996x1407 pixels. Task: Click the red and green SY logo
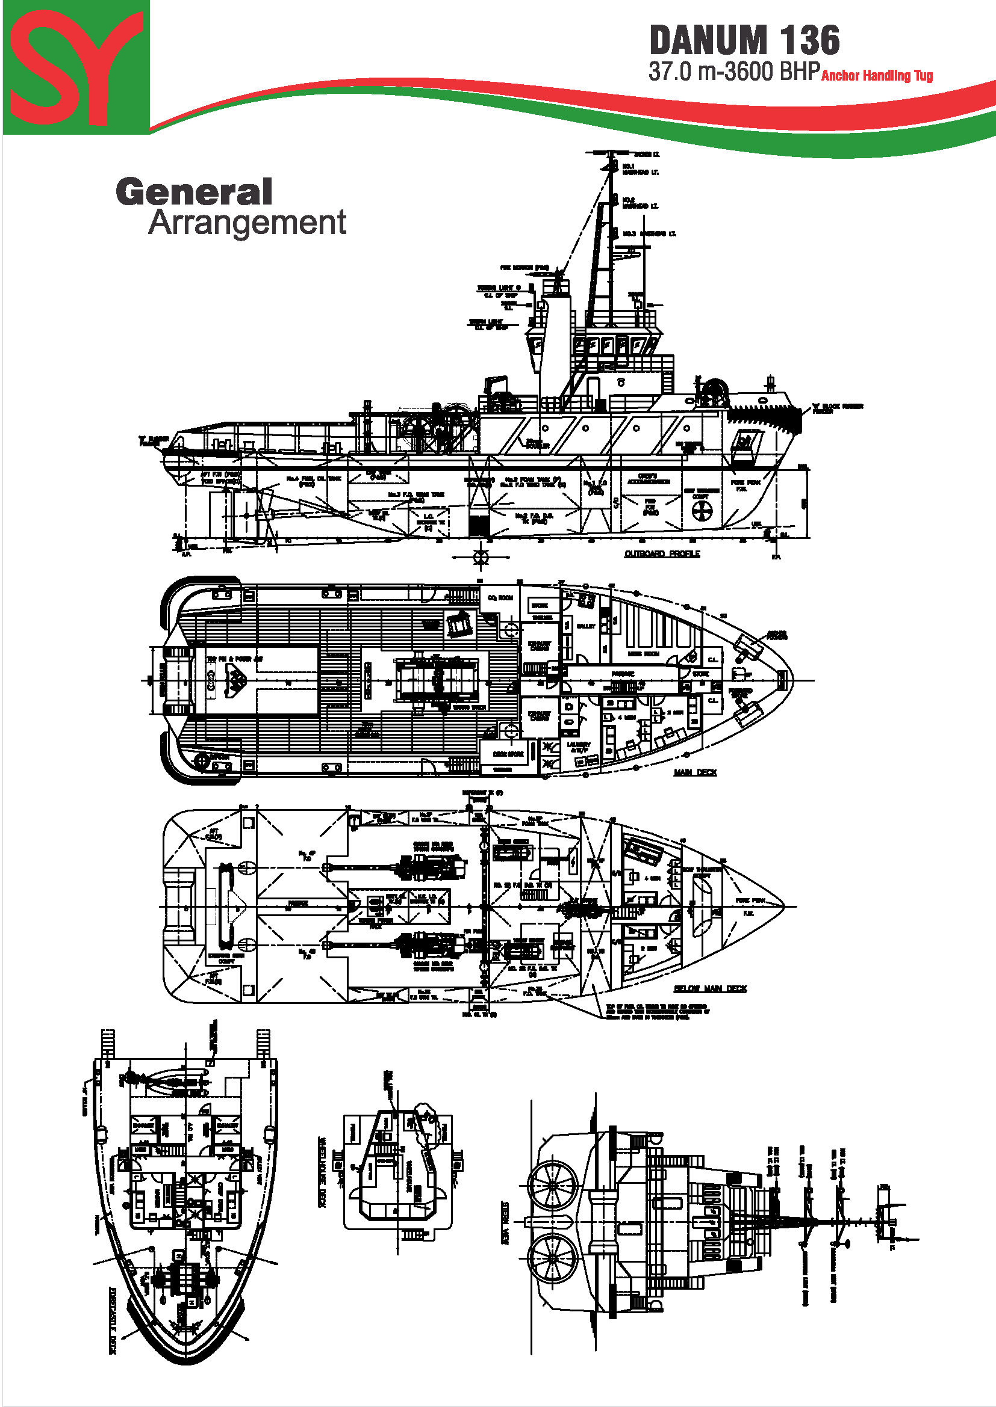click(x=76, y=67)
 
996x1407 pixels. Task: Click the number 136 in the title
click(x=810, y=41)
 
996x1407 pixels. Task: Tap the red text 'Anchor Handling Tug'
click(x=876, y=76)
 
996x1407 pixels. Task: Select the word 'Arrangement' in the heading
click(x=247, y=223)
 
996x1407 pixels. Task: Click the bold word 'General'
click(x=194, y=192)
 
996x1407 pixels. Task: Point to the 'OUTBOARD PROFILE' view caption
click(x=662, y=554)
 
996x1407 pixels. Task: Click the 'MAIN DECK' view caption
click(x=695, y=772)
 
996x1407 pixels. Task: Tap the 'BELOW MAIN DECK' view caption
click(x=710, y=988)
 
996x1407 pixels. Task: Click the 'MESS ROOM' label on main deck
click(x=643, y=654)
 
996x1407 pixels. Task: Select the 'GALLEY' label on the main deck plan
click(x=586, y=626)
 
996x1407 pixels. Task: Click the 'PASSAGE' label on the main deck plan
click(x=623, y=674)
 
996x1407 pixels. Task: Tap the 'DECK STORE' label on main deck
click(x=508, y=754)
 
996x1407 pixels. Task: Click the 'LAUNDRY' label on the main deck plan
click(x=579, y=745)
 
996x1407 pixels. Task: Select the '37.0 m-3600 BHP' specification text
click(x=734, y=72)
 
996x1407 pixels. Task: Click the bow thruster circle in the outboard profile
click(x=702, y=511)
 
